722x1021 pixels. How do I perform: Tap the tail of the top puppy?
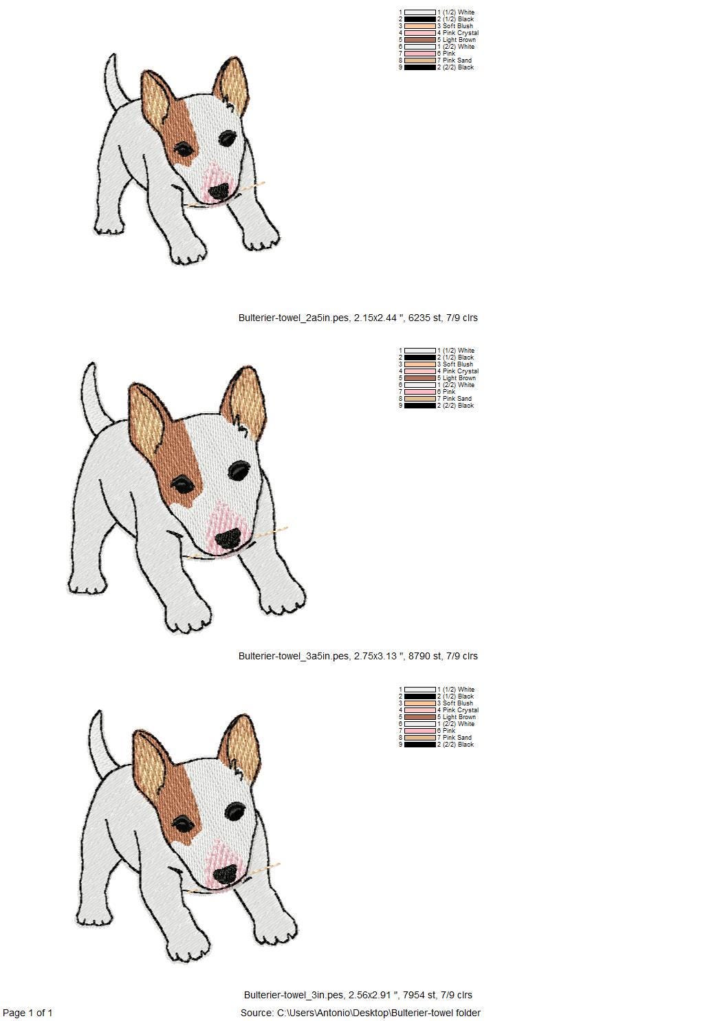(116, 82)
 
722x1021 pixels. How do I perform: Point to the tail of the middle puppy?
(96, 397)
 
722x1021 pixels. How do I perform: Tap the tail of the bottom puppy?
(103, 744)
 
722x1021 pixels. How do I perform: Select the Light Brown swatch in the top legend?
(420, 40)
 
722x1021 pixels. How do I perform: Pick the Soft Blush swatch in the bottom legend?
(420, 703)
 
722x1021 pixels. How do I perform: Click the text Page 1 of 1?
(28, 1013)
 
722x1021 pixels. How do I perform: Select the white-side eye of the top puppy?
(228, 138)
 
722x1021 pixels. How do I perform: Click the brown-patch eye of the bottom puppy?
(183, 821)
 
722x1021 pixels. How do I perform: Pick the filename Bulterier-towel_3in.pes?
(294, 995)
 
